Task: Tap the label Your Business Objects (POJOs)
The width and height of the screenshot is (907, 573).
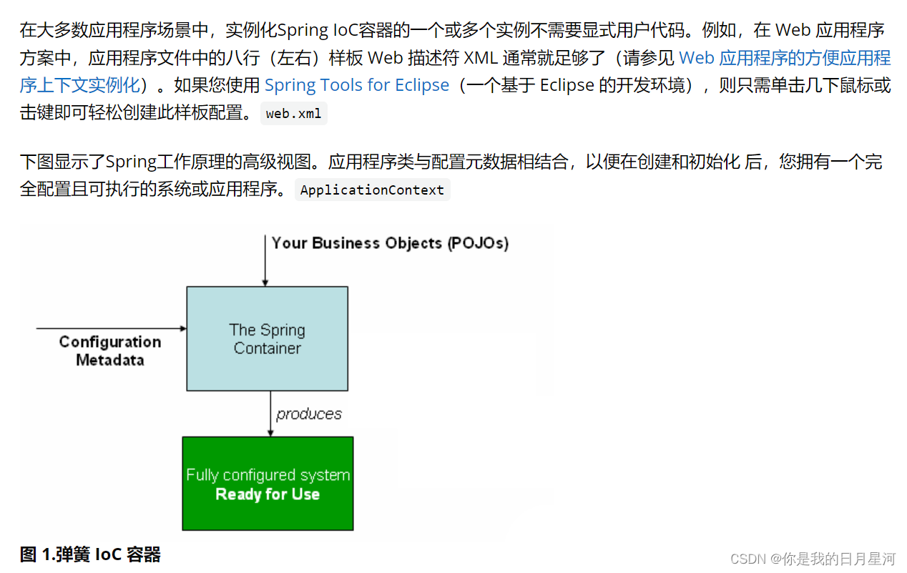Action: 390,243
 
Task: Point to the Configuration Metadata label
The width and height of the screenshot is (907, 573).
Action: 110,351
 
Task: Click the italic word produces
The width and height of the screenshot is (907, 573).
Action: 309,414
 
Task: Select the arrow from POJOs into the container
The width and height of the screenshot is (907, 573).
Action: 265,261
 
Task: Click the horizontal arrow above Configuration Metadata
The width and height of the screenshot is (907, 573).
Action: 111,328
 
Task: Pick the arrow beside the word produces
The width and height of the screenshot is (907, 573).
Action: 270,414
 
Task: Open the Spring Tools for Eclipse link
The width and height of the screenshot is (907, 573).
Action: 357,85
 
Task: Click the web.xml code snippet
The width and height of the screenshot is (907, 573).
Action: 293,114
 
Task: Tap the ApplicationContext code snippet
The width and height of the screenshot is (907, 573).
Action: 372,190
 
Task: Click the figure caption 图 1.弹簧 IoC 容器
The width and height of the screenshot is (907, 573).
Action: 90,554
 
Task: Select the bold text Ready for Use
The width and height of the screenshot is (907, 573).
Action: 268,494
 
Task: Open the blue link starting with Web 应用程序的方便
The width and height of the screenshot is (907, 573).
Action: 784,58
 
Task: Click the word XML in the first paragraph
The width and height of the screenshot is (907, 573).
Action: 481,58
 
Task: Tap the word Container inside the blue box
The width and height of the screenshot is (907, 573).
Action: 268,348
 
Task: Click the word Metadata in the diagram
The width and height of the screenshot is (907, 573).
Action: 110,360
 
